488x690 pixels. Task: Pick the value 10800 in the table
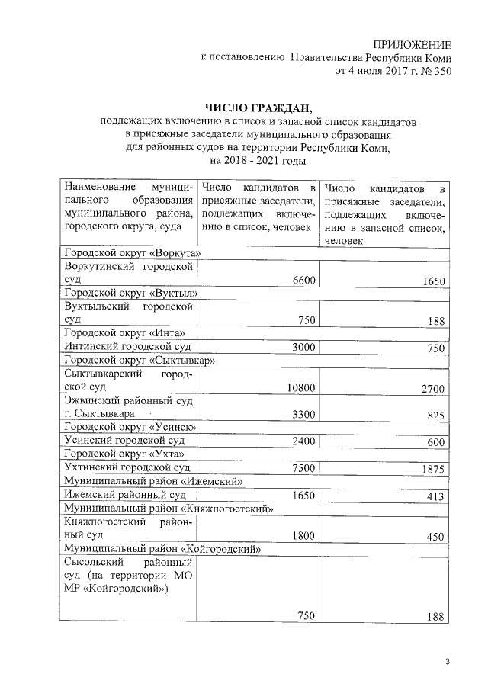300,388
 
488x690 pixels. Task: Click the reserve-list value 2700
432,389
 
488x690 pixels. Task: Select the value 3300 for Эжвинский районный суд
303,414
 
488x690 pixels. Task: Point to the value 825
435,415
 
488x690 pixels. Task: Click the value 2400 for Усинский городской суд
303,441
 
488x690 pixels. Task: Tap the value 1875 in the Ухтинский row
432,469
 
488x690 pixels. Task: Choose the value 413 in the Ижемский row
435,496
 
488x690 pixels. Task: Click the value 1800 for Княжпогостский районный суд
303,535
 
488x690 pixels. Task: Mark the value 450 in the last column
435,536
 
